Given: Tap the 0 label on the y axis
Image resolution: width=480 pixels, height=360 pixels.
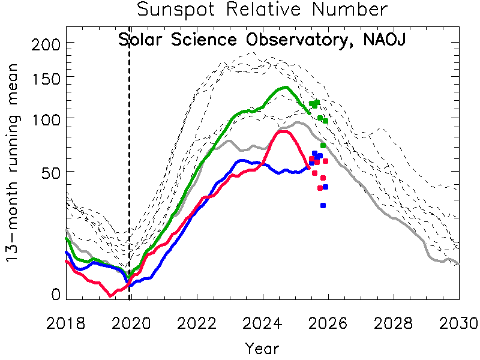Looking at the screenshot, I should [56, 294].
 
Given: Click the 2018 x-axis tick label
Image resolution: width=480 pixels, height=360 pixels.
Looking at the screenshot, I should [67, 322].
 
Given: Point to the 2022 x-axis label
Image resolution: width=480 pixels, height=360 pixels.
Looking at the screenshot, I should [197, 322].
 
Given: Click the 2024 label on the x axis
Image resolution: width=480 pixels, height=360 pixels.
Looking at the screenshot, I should [262, 322].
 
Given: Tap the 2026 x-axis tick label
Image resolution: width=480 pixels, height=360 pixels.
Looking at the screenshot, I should [328, 322].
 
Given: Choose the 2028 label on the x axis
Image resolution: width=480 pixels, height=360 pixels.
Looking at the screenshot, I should [394, 322].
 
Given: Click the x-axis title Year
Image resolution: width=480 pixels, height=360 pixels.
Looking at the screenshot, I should [262, 347].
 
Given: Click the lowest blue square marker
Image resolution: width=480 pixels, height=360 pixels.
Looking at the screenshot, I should [323, 206].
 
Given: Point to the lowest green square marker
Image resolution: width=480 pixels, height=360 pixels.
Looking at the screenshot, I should [323, 146].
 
